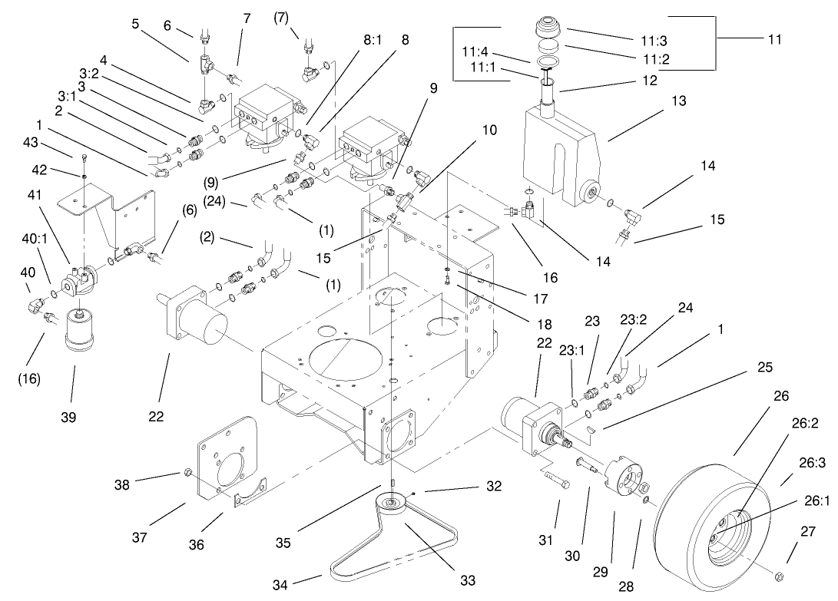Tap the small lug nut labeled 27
coord(777,576)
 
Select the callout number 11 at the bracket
coord(773,39)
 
